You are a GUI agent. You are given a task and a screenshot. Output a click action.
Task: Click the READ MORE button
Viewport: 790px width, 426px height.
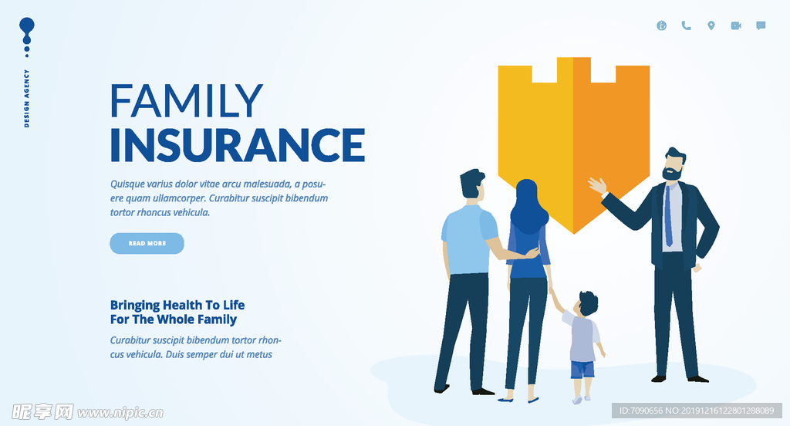pyautogui.click(x=147, y=244)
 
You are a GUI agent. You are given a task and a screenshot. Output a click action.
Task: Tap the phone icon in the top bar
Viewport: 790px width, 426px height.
pyautogui.click(x=686, y=25)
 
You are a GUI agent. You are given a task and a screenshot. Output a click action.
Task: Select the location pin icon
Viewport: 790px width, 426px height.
pyautogui.click(x=711, y=25)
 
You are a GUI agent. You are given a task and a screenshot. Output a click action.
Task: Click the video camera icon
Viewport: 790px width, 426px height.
pyautogui.click(x=736, y=25)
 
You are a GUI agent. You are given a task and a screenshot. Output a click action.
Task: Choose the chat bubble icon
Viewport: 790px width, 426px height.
pyautogui.click(x=761, y=25)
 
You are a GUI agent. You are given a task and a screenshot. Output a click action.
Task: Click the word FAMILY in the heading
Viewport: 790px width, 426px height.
pyautogui.click(x=187, y=101)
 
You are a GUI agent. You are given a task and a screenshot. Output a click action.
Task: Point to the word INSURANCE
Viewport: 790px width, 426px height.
pyautogui.click(x=238, y=145)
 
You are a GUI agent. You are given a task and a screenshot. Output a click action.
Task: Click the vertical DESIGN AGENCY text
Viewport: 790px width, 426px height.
pyautogui.click(x=27, y=98)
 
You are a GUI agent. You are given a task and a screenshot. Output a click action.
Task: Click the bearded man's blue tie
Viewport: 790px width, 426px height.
pyautogui.click(x=668, y=217)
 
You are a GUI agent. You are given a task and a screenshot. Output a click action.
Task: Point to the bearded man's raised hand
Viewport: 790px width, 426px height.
pyautogui.click(x=598, y=185)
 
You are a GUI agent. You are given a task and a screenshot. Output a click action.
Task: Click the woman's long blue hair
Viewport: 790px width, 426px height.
pyautogui.click(x=528, y=207)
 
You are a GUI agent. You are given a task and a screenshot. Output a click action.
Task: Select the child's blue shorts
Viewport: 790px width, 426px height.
pyautogui.click(x=582, y=370)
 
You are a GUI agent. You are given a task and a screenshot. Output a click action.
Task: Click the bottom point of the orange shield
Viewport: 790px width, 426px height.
pyautogui.click(x=573, y=234)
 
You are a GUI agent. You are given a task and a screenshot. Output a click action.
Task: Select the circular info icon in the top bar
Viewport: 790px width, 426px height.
pyautogui.click(x=661, y=25)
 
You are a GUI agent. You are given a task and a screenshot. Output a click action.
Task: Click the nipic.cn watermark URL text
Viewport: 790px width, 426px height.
pyautogui.click(x=120, y=413)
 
